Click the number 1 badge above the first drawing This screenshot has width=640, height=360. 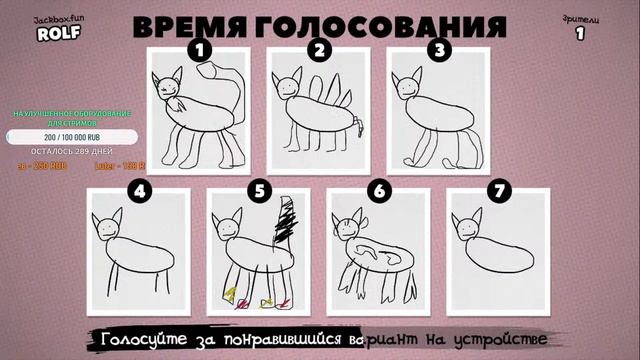point(200,48)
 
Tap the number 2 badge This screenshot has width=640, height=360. point(319,48)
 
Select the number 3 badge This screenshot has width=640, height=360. point(437,48)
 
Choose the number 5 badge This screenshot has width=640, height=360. point(259,188)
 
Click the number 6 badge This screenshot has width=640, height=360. point(378,188)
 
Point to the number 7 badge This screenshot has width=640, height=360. point(497,188)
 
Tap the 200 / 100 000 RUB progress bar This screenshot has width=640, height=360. point(63,137)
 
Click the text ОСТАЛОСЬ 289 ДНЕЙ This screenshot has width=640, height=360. point(63,152)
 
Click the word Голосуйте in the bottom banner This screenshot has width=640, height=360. point(146,338)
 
